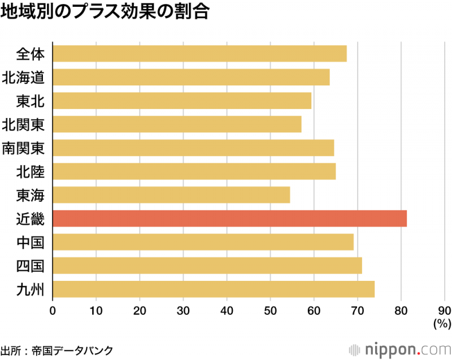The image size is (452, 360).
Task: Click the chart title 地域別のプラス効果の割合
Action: (105, 13)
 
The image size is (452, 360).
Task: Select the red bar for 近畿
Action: (229, 218)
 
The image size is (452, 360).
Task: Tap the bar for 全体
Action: (199, 53)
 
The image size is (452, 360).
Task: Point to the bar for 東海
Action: (171, 194)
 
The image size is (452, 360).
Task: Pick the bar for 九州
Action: (214, 289)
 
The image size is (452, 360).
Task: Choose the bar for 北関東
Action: (177, 124)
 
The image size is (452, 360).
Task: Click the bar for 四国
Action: (207, 265)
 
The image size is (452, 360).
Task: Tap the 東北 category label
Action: (30, 101)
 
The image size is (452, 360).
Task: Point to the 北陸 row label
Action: (30, 171)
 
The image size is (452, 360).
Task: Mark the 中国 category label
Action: (30, 242)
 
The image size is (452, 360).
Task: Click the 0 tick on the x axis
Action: (53, 310)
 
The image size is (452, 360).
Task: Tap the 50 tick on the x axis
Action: (270, 310)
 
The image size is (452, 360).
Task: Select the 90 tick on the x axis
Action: (445, 310)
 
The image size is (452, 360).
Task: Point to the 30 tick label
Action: (183, 310)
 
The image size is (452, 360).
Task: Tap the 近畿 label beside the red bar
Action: (30, 218)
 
